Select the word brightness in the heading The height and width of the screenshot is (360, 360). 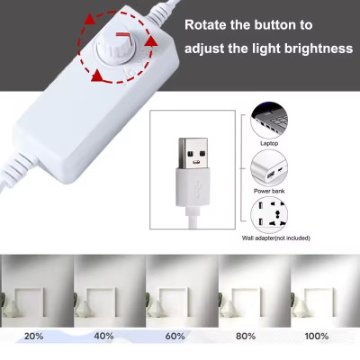pos(314,49)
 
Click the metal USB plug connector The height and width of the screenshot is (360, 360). pos(193,155)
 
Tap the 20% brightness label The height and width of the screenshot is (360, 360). pos(33,337)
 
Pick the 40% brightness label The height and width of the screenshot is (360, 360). pos(104,337)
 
